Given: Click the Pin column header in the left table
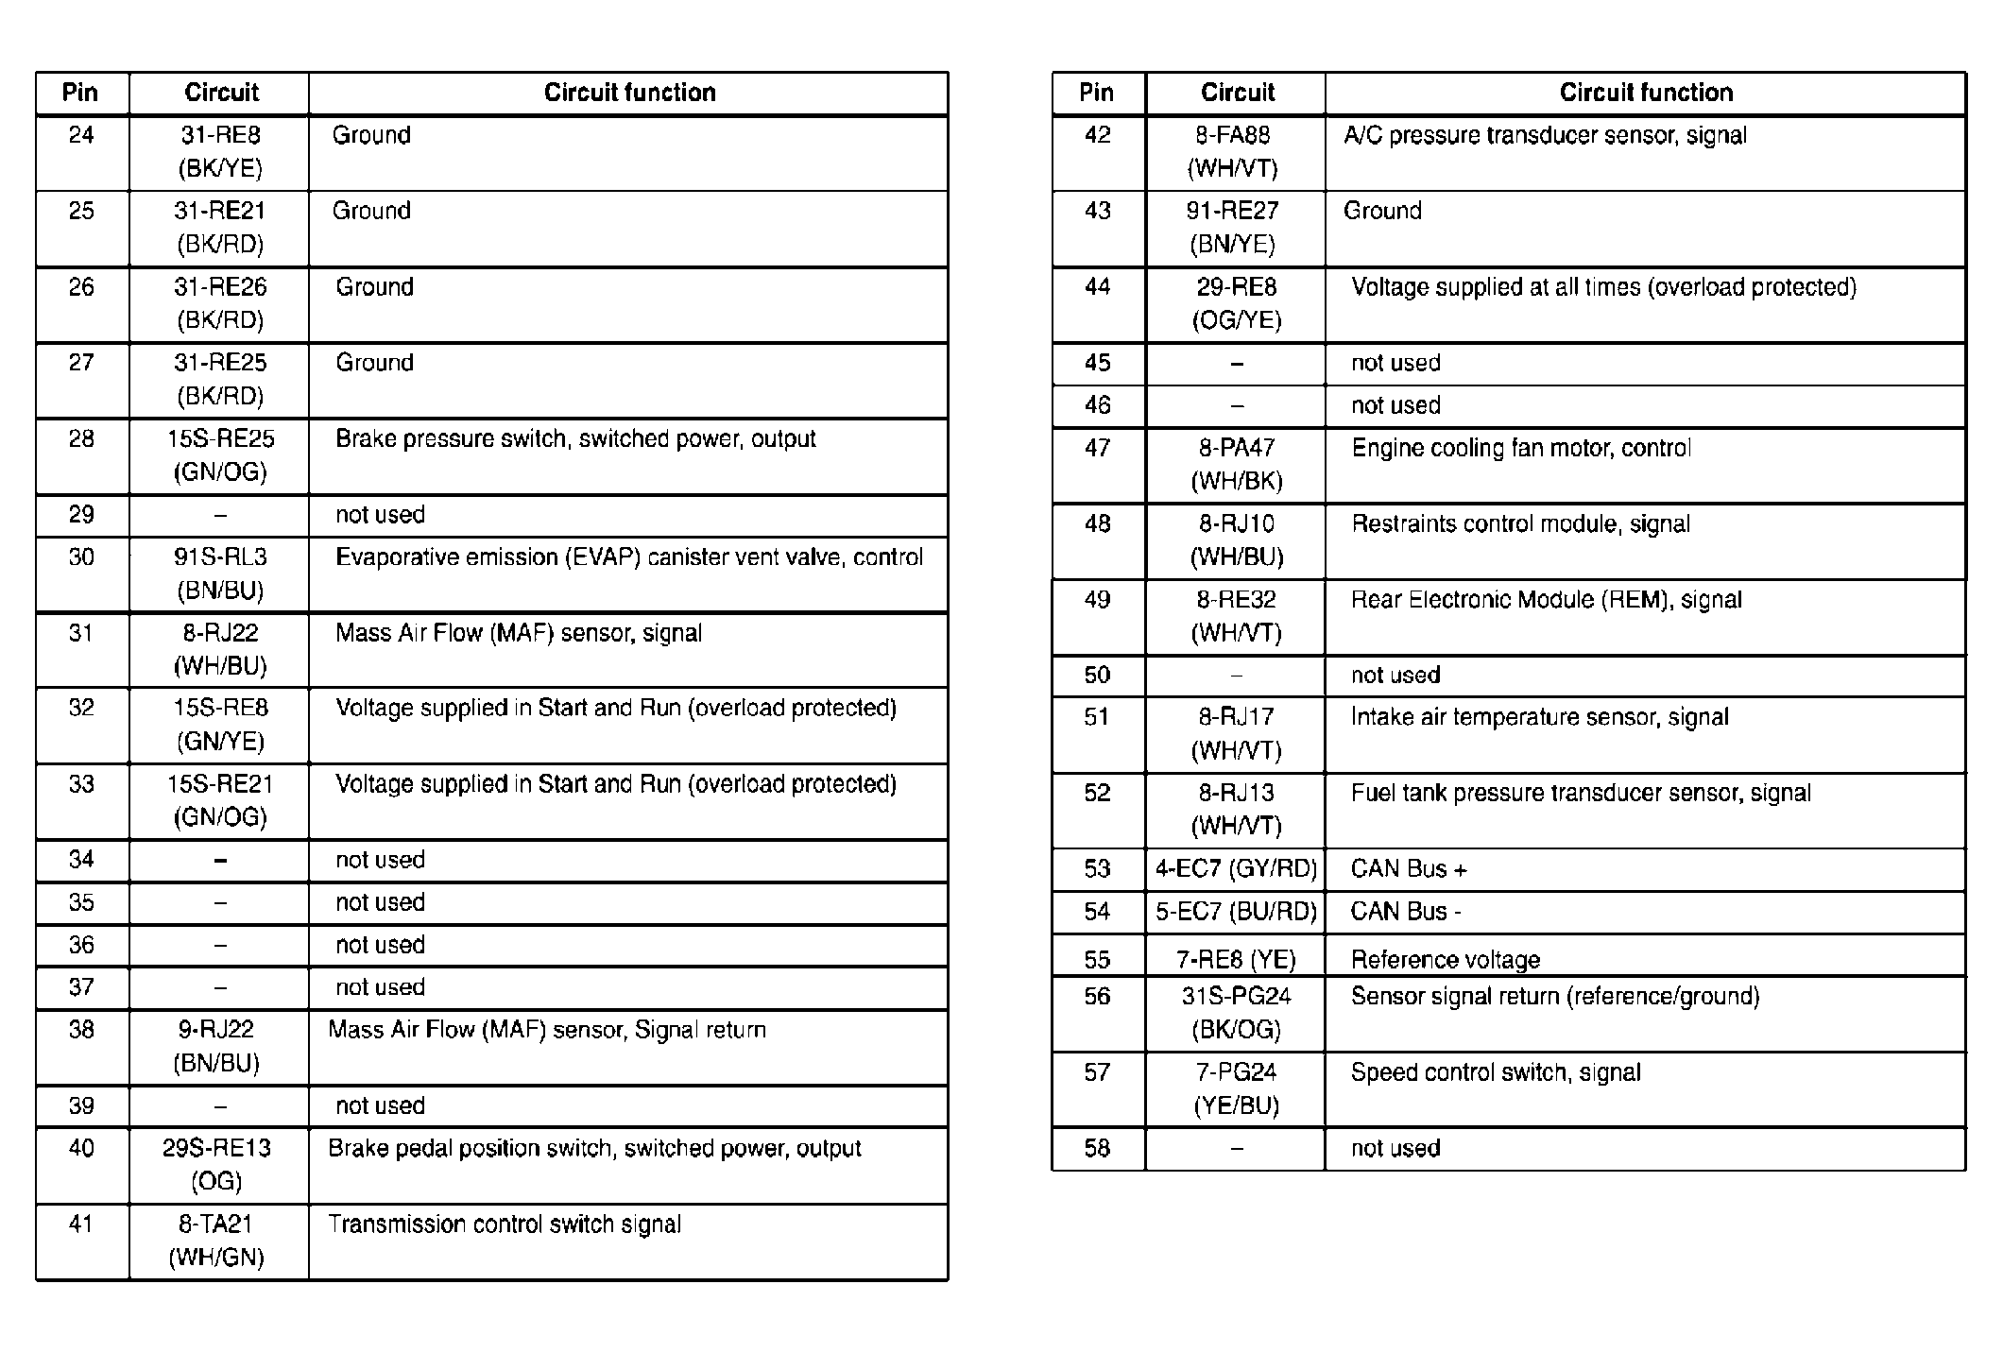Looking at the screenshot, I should (x=80, y=93).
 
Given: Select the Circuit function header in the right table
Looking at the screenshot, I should (x=1646, y=93).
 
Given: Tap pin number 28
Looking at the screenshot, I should (x=81, y=438).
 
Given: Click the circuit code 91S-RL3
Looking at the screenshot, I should (x=220, y=557).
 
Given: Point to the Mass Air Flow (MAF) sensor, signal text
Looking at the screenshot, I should (x=519, y=633).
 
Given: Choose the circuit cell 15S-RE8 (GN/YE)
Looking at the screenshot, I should (x=220, y=725).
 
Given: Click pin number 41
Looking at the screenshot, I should (x=81, y=1225).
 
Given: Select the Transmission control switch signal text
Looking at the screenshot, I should (x=505, y=1225).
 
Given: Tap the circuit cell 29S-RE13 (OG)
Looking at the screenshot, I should (x=217, y=1164).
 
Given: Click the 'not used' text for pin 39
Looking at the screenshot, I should (x=380, y=1105).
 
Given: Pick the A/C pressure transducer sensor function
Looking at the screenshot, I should (x=1545, y=135).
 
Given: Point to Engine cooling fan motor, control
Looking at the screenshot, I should (x=1521, y=448).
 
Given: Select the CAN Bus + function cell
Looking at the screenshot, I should (x=1409, y=869).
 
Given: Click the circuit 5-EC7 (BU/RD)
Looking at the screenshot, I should (x=1236, y=912).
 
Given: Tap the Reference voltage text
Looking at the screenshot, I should (x=1446, y=960).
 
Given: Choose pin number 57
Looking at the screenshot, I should (x=1097, y=1072).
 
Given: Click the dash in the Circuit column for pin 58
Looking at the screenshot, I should (x=1237, y=1149).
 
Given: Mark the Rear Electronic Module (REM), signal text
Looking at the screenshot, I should (x=1547, y=600).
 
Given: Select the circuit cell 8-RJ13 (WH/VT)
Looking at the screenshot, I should (x=1236, y=809).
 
